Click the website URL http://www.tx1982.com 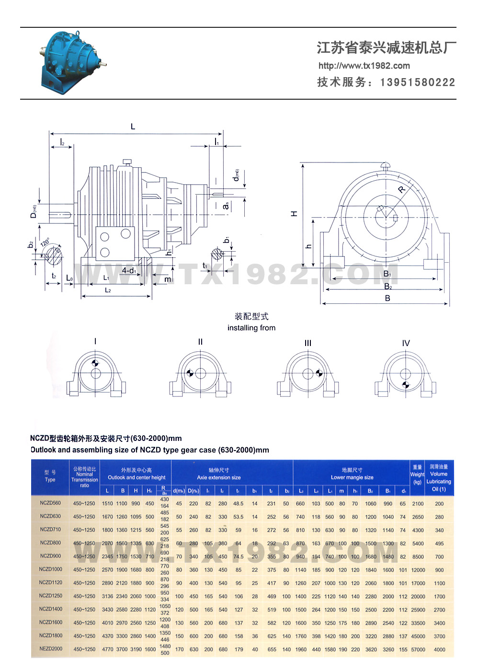click(364, 66)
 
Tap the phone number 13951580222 click(417, 82)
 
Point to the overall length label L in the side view click(133, 127)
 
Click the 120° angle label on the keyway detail click(46, 242)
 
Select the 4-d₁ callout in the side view click(129, 271)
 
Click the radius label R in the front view click(401, 190)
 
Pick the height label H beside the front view click(294, 213)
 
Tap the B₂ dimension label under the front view click(388, 287)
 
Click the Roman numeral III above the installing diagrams click(308, 343)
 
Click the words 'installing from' click(251, 328)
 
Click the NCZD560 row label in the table click(50, 503)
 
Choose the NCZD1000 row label click(50, 569)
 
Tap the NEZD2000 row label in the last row click(50, 649)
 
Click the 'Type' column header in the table click(50, 479)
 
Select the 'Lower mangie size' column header click(352, 477)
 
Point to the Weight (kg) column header click(417, 474)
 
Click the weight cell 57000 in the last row click(418, 649)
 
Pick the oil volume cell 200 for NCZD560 click(439, 504)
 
